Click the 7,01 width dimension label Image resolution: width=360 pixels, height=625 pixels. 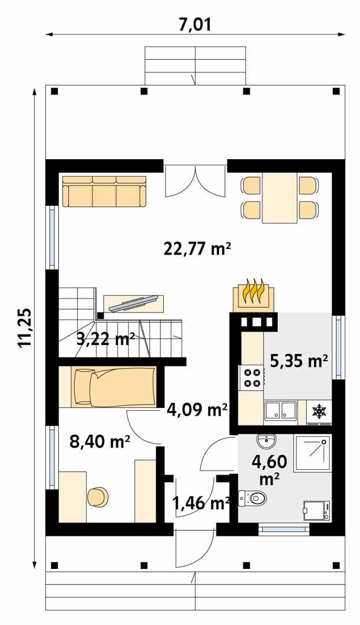[x=195, y=24]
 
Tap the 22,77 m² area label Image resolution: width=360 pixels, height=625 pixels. [x=197, y=249]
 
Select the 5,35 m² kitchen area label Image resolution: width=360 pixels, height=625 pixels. [x=299, y=361]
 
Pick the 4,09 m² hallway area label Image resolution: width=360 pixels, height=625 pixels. [x=197, y=410]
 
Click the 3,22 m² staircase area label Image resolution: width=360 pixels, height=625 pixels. [x=106, y=339]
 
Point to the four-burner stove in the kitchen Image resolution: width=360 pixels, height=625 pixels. [x=252, y=378]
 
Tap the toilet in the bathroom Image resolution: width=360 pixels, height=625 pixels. [x=252, y=497]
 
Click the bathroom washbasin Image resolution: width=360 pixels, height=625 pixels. [x=267, y=442]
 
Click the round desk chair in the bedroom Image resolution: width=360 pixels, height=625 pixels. [x=98, y=497]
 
